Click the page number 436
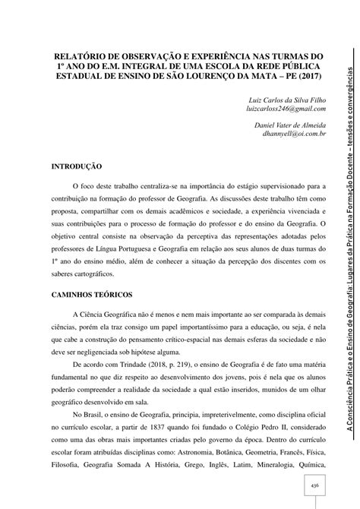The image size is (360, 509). pyautogui.click(x=314, y=484)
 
